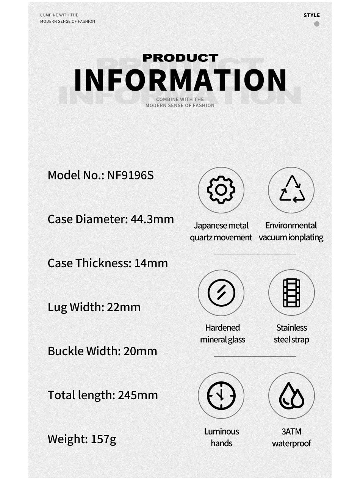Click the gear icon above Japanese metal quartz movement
tap(221, 190)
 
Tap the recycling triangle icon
tap(292, 189)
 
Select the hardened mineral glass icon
tap(221, 293)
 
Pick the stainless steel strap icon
tap(291, 293)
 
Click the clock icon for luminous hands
tap(221, 396)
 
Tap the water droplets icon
tap(291, 396)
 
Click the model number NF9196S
tap(130, 175)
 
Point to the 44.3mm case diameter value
tap(152, 219)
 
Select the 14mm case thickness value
tap(151, 263)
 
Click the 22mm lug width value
tap(124, 307)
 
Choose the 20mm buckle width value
tap(140, 351)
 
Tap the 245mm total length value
tap(138, 395)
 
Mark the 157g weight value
tap(103, 439)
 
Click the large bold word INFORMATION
tap(180, 80)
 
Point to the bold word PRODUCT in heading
tap(180, 58)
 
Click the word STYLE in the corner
tap(311, 16)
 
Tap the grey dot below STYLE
tap(317, 24)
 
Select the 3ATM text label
tap(291, 431)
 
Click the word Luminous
tap(221, 431)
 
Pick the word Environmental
tap(291, 226)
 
